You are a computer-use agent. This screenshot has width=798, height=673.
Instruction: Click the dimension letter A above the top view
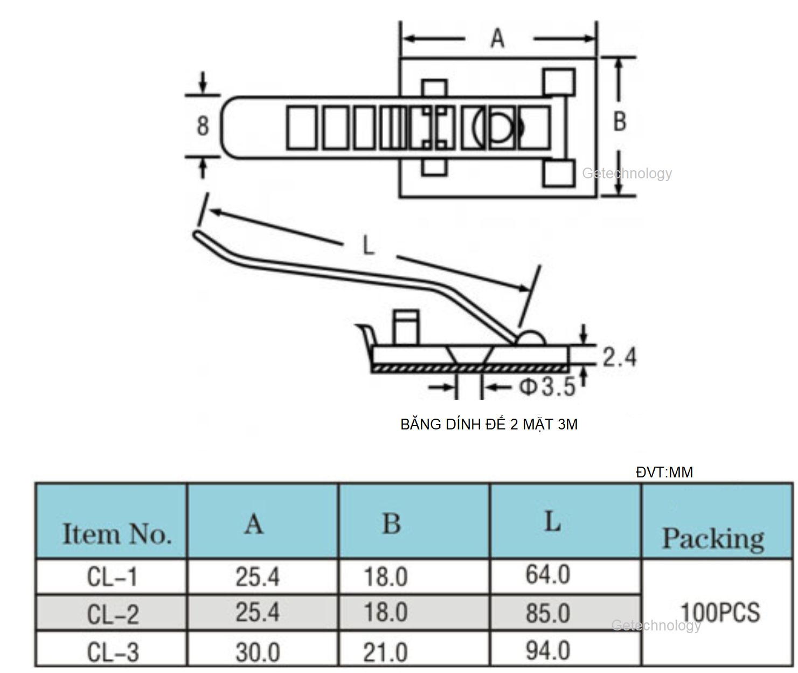pos(497,38)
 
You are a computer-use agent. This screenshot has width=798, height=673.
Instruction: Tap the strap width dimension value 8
pos(203,126)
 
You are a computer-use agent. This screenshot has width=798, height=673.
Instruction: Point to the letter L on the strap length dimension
pos(368,246)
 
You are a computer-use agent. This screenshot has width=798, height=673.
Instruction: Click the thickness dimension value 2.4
pos(619,357)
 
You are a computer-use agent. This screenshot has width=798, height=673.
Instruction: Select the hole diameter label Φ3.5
pos(547,387)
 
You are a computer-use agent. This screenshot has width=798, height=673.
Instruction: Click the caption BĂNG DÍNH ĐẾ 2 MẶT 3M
pos(489,425)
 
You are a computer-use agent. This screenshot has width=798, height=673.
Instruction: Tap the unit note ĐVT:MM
pos(664,473)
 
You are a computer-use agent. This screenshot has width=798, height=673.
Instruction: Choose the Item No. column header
pos(116,534)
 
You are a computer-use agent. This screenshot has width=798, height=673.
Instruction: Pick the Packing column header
pos(713,538)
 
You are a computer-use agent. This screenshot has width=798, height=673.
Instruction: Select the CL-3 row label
pos(113,653)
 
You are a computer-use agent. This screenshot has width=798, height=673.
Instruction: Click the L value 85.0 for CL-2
pos(547,613)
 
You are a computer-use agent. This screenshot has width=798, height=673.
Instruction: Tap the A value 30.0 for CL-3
pos(258,653)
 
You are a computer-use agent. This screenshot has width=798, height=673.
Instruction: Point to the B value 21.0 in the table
pos(385,653)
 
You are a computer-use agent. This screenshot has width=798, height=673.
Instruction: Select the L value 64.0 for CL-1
pos(547,574)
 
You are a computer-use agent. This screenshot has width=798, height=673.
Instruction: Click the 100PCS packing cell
pos(720,612)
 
